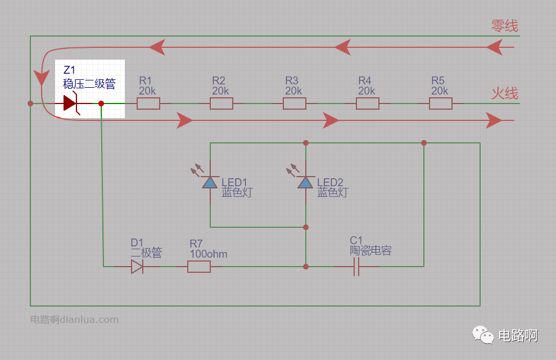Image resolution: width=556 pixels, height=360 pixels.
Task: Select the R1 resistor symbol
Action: click(x=148, y=103)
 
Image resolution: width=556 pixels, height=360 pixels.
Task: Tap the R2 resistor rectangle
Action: click(x=222, y=103)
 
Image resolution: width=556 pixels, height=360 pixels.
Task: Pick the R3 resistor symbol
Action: click(x=295, y=103)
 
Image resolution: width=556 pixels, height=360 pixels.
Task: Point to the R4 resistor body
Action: click(x=367, y=103)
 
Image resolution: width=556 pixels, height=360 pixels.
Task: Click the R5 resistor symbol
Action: click(x=440, y=103)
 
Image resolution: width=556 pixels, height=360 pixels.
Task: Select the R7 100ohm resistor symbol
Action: click(x=199, y=267)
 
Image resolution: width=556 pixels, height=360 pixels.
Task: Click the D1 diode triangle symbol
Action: click(x=137, y=267)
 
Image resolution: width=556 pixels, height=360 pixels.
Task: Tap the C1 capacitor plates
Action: click(x=356, y=267)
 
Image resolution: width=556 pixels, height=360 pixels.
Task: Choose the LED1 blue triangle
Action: click(x=210, y=182)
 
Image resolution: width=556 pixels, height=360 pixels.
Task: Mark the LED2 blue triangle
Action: click(x=305, y=182)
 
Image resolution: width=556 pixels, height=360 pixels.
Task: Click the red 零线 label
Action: click(x=505, y=26)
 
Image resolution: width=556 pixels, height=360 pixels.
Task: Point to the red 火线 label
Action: click(x=505, y=93)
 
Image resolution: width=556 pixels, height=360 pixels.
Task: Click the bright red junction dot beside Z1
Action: click(x=101, y=103)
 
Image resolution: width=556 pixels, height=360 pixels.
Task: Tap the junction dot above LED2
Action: click(x=306, y=143)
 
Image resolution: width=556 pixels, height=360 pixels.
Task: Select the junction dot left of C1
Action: click(x=306, y=267)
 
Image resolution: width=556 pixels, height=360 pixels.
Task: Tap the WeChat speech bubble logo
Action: click(x=482, y=335)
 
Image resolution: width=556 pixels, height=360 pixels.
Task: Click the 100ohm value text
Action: click(x=209, y=254)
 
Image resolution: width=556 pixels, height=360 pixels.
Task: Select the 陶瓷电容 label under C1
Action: click(x=370, y=250)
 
